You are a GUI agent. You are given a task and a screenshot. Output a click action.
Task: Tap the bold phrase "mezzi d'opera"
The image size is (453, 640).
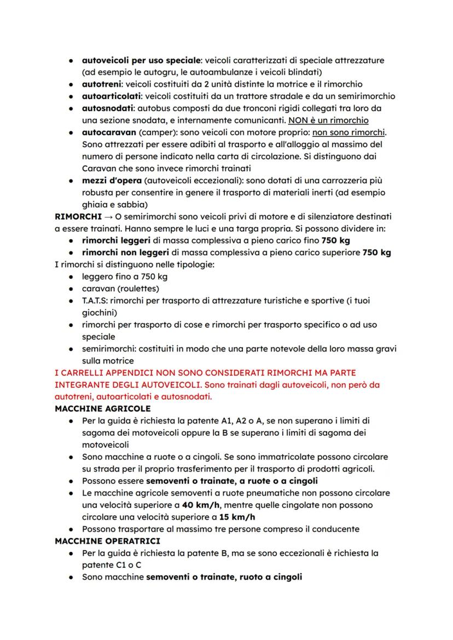[x=111, y=181]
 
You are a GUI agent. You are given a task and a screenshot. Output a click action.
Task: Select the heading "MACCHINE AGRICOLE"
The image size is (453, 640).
[x=103, y=408]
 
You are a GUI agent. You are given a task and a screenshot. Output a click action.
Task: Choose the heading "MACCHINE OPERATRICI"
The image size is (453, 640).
[x=108, y=541]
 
